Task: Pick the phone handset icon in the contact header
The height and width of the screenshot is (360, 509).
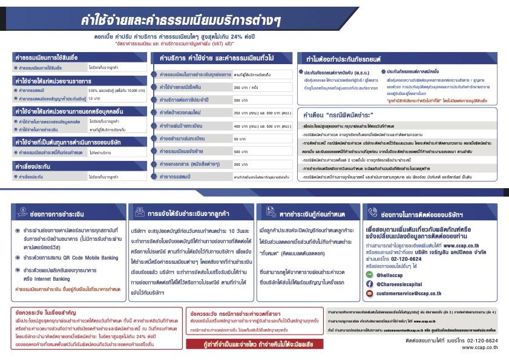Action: point(371,214)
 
